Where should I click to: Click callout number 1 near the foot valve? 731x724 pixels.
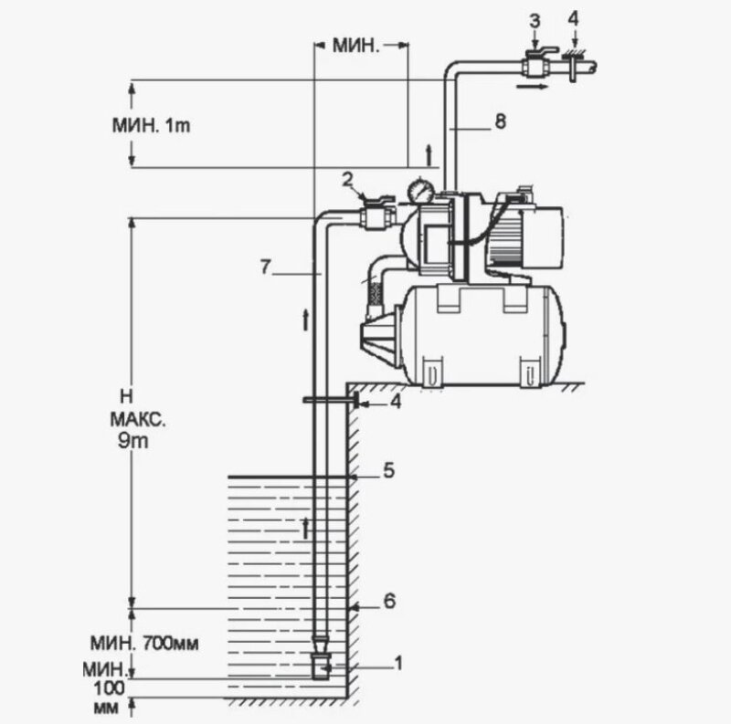(x=397, y=665)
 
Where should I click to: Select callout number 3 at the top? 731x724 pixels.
(x=535, y=18)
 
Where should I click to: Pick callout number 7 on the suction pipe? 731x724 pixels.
(x=265, y=268)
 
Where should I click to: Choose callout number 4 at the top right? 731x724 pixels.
(x=574, y=19)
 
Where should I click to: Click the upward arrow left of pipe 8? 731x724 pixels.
(x=427, y=149)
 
